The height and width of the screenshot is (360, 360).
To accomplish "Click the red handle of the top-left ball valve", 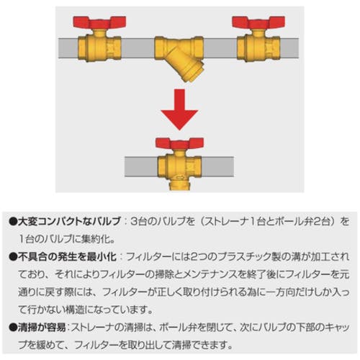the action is click(99, 22).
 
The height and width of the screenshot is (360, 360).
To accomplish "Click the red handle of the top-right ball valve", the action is click(258, 22).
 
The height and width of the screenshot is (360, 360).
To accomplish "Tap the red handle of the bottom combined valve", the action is click(179, 143).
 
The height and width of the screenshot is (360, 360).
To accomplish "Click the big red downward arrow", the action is click(179, 109).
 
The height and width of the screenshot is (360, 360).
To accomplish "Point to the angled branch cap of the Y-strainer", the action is click(193, 73).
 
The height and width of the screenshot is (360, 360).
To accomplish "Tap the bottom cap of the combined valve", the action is click(179, 186).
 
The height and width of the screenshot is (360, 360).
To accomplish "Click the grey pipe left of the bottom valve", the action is click(141, 167).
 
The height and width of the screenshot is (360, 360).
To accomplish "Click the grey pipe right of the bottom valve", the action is click(217, 167).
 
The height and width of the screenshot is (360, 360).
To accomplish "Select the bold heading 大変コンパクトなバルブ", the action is click(69, 221).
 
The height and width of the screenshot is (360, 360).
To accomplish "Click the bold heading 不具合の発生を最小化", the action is click(68, 257).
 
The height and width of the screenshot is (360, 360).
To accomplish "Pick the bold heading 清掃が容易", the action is click(42, 328).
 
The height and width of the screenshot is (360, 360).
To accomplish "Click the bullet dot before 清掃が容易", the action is click(13, 328).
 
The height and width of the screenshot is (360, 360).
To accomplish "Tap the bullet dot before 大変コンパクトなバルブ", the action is click(13, 222).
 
